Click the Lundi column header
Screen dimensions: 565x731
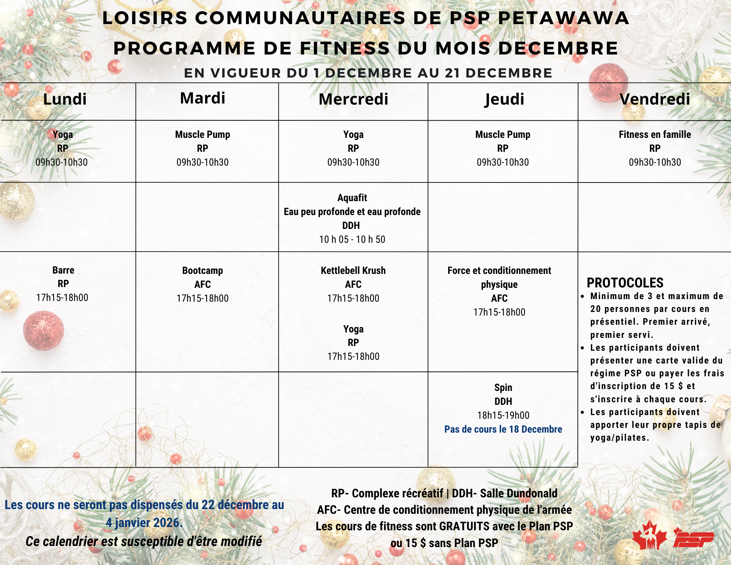(65, 99)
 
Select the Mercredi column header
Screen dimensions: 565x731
(353, 99)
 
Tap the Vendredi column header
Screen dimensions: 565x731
(655, 99)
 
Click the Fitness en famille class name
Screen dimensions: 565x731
(655, 135)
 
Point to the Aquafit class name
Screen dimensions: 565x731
(352, 198)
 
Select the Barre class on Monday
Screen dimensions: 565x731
(63, 270)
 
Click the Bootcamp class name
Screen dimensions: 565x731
(202, 271)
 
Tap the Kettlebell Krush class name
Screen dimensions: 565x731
(353, 271)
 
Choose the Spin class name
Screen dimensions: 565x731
(503, 388)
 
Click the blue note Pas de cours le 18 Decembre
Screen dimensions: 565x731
(503, 429)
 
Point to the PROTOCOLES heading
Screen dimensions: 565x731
(625, 283)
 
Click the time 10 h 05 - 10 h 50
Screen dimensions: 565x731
(352, 240)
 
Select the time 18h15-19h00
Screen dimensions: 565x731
(503, 415)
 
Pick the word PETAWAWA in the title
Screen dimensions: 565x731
(563, 18)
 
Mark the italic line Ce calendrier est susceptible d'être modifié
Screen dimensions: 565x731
(144, 542)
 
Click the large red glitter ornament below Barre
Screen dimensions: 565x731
(43, 330)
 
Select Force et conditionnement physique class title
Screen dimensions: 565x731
(499, 277)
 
